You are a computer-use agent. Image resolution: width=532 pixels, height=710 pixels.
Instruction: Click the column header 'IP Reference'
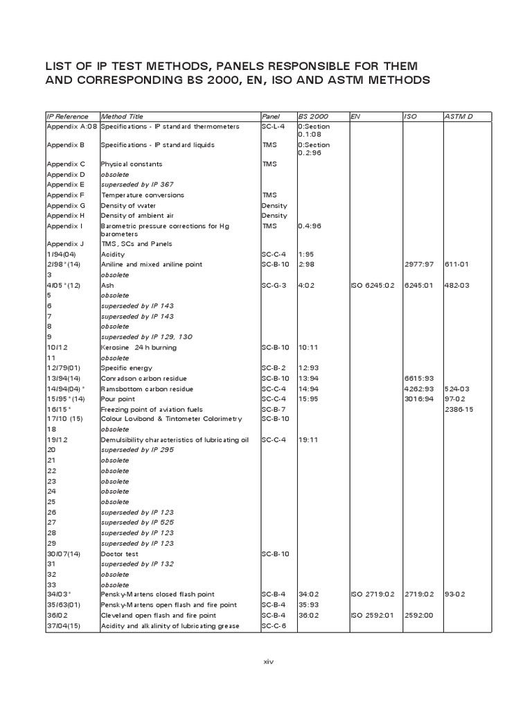67,116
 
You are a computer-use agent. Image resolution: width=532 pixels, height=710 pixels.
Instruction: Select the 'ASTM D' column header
458,116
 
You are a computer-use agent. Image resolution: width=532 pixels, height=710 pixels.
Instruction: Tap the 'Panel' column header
270,116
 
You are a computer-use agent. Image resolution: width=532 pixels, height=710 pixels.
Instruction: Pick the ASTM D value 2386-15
460,409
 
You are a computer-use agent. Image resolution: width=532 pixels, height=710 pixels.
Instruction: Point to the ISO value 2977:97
418,265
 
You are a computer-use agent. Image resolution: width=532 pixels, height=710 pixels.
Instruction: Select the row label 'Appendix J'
65,244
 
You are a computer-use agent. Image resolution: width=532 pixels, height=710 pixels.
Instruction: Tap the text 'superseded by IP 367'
137,184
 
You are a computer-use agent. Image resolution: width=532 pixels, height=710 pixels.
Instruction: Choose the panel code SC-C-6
274,626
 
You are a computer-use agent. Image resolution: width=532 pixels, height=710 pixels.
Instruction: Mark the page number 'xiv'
269,662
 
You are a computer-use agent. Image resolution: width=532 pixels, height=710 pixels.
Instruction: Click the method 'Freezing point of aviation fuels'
148,409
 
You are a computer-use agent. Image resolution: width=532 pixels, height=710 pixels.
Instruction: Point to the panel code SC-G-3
274,286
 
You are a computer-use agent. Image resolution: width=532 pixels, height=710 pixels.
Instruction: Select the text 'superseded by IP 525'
137,523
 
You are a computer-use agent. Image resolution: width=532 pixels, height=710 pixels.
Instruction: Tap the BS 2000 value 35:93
308,605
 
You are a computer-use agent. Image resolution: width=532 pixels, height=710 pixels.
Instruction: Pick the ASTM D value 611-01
457,265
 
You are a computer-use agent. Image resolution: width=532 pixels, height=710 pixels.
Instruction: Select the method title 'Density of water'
128,206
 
